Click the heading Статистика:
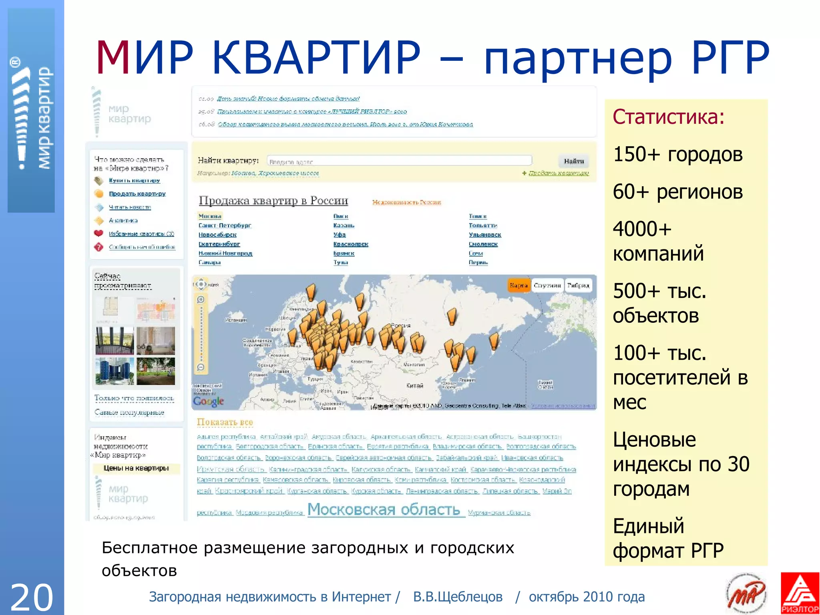tap(668, 117)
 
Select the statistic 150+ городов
tap(677, 154)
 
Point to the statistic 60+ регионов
tap(677, 192)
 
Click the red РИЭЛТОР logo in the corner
tap(800, 593)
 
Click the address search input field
tap(399, 161)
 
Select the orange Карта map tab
tap(519, 285)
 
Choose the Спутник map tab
tap(547, 285)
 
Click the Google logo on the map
tap(208, 401)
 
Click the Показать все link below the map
tap(225, 422)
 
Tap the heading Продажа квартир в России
tap(273, 200)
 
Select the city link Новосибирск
tap(217, 235)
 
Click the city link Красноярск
tap(351, 244)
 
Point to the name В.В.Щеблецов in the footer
tap(458, 597)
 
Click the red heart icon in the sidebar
tap(98, 233)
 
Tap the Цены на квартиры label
tap(136, 468)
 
